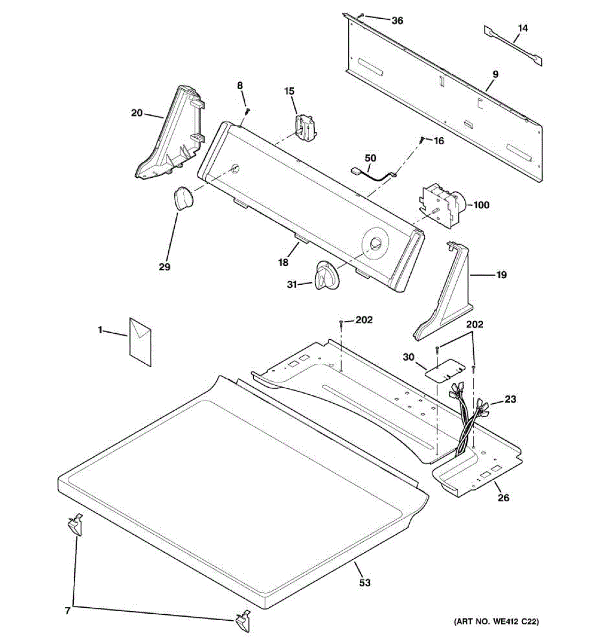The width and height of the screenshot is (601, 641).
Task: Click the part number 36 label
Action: click(x=397, y=21)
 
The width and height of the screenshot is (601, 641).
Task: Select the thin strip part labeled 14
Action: click(x=513, y=46)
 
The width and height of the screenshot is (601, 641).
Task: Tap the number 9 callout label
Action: click(x=495, y=74)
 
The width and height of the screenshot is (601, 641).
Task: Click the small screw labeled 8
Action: click(x=248, y=111)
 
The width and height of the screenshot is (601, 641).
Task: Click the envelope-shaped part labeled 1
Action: click(x=140, y=340)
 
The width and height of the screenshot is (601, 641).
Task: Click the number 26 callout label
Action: click(x=503, y=498)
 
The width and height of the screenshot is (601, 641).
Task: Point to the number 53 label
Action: click(x=364, y=582)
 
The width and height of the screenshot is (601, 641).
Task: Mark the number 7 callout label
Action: click(x=67, y=611)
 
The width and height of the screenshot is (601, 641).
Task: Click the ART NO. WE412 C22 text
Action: click(x=496, y=622)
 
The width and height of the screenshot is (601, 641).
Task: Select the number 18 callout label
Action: click(x=283, y=262)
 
